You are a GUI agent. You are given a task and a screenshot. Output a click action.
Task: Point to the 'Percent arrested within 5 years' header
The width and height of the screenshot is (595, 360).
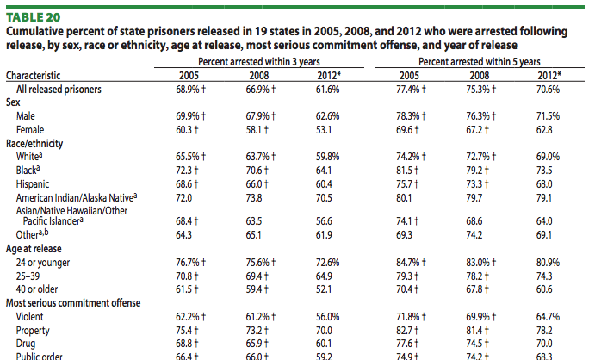pos(479,62)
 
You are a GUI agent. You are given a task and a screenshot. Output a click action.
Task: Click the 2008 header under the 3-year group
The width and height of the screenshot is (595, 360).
pos(257,75)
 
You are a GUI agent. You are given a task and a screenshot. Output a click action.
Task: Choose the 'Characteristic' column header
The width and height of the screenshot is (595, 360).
pos(39,75)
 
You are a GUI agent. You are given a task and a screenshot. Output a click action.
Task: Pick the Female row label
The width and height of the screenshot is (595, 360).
pos(30,129)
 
